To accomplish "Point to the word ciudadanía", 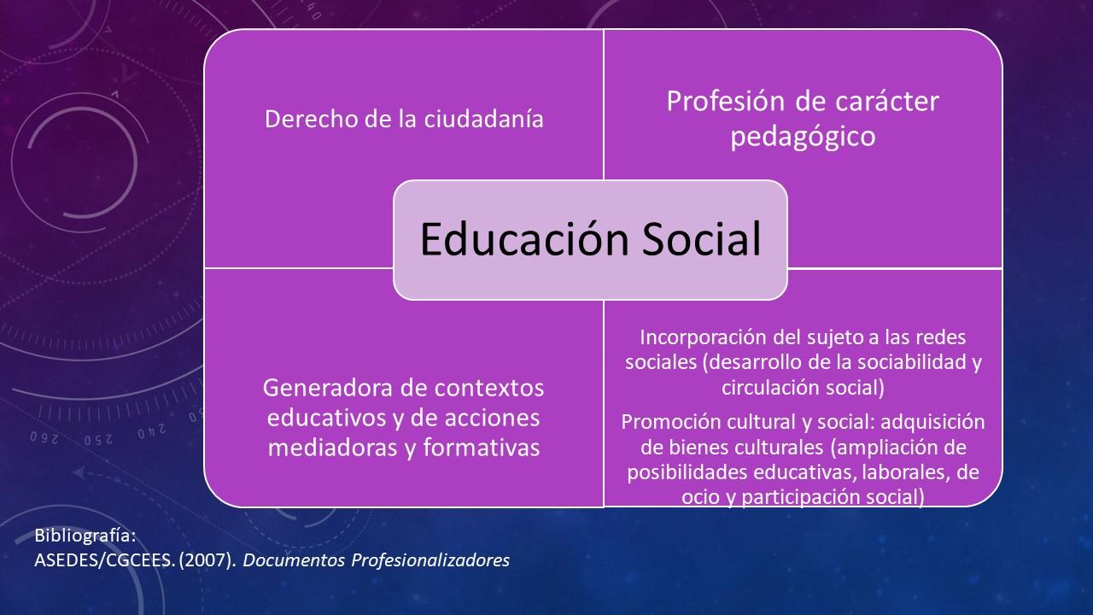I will click(483, 119).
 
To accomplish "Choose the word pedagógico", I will click(803, 137).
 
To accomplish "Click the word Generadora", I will click(327, 388).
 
